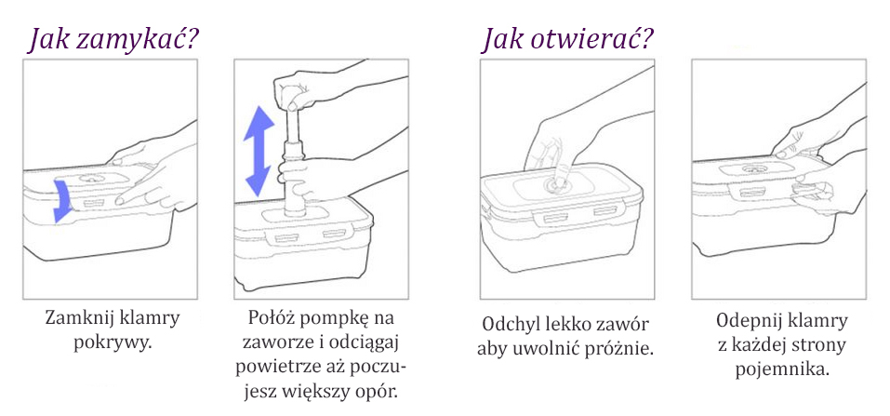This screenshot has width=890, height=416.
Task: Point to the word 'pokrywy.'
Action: (113, 342)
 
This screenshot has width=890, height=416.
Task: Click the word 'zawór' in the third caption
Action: (622, 325)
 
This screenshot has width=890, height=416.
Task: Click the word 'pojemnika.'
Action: (781, 369)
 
